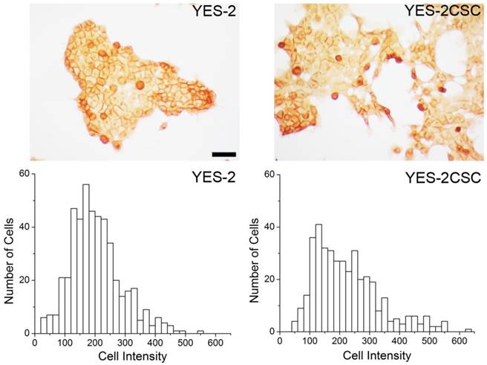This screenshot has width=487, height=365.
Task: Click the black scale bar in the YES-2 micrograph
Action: point(223,154)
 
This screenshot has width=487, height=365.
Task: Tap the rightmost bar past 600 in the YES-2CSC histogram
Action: point(468,329)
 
